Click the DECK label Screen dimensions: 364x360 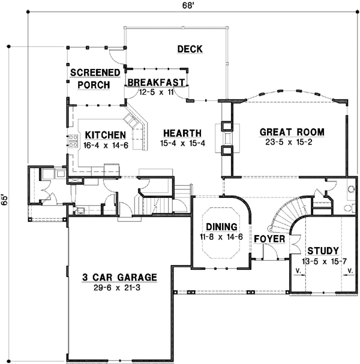point(190,49)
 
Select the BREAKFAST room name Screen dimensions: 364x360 point(155,82)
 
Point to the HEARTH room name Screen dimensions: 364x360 point(183,133)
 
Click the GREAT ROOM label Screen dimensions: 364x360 point(292,132)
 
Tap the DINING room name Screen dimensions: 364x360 point(221,227)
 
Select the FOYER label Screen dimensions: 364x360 point(267,239)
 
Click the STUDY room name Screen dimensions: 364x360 point(323,250)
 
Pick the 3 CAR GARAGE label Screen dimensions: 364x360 point(120,278)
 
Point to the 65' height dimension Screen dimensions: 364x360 point(5,199)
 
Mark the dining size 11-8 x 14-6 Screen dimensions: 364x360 point(221,237)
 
